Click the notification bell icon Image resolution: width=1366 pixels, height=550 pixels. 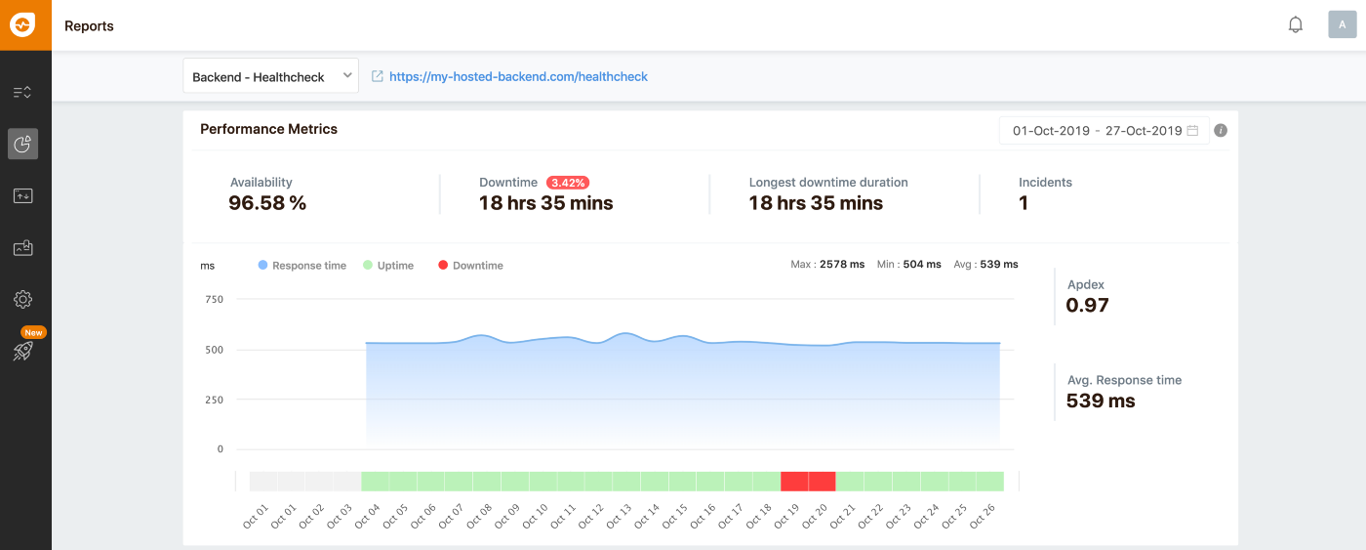(x=1296, y=25)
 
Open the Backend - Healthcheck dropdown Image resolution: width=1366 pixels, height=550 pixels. (x=270, y=76)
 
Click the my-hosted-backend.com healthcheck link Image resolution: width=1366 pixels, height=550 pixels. (x=518, y=76)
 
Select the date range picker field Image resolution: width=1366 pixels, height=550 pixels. (x=1104, y=131)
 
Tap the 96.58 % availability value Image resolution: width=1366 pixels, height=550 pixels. (x=267, y=203)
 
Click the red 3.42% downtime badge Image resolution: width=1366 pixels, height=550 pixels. (x=568, y=183)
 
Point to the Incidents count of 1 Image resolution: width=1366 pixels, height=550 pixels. (x=1024, y=203)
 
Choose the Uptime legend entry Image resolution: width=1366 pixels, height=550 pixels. (x=394, y=266)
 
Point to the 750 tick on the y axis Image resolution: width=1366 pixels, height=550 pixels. (x=214, y=300)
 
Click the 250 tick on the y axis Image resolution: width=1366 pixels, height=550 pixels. (x=214, y=400)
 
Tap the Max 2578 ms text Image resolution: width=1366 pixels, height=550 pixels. (x=827, y=265)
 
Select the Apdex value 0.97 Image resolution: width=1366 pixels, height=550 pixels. (x=1087, y=305)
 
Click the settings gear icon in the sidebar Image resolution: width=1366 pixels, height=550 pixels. (x=23, y=300)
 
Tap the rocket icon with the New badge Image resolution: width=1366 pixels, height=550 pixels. (x=23, y=351)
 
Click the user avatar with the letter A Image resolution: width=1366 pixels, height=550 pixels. (x=1343, y=25)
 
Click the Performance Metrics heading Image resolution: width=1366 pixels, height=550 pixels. (x=268, y=129)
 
